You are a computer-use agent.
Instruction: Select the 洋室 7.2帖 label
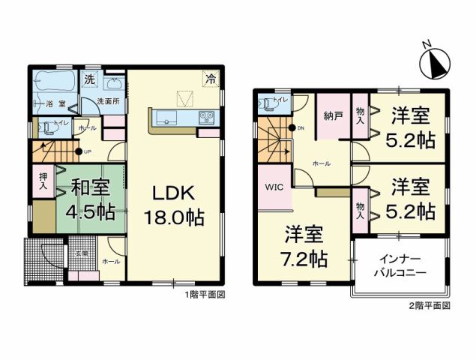(304, 248)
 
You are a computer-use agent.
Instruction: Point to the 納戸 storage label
(333, 115)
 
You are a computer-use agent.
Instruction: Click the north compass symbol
(434, 64)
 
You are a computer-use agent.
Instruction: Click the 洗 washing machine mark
(89, 79)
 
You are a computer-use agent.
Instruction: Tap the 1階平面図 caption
(205, 295)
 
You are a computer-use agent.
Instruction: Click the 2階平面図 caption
(430, 306)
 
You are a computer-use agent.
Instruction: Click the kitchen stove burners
(207, 117)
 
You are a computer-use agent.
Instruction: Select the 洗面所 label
(109, 102)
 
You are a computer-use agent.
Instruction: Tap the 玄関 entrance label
(80, 253)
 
